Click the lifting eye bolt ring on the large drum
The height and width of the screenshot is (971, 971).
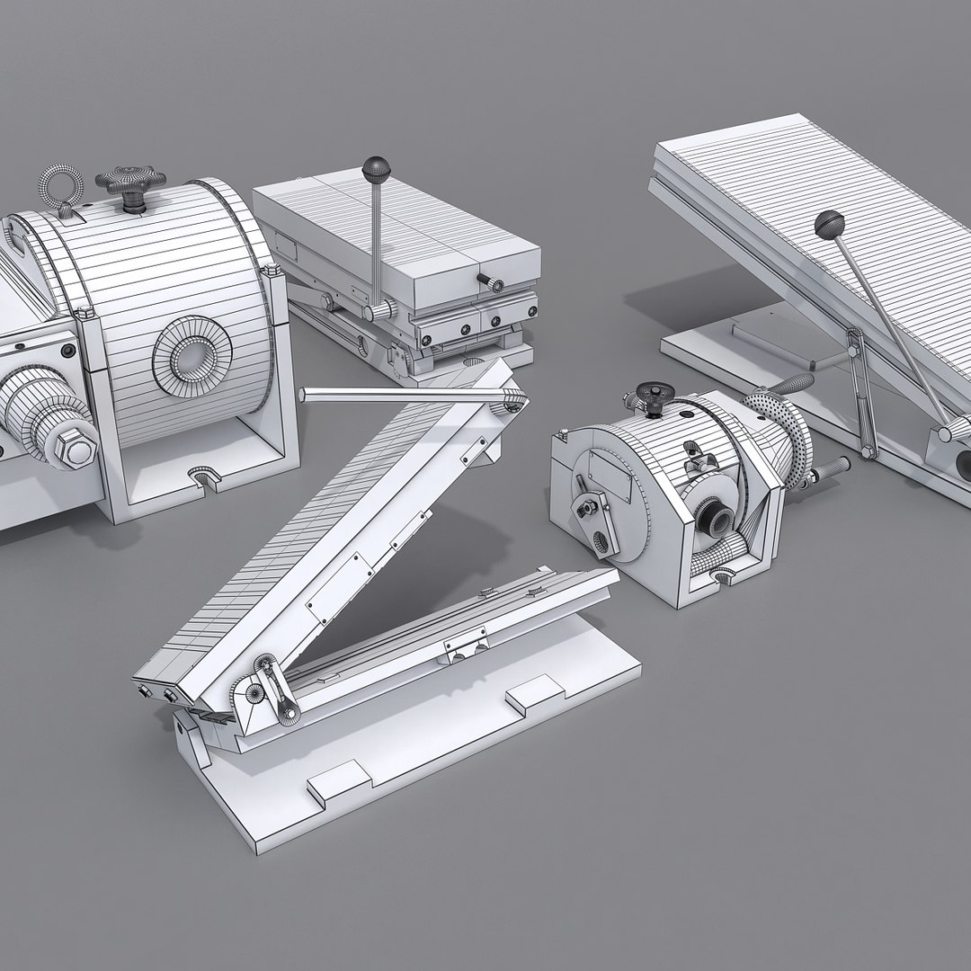(60, 186)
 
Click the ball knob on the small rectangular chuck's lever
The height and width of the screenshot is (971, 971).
(372, 169)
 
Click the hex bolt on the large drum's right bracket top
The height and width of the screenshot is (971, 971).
(268, 272)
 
